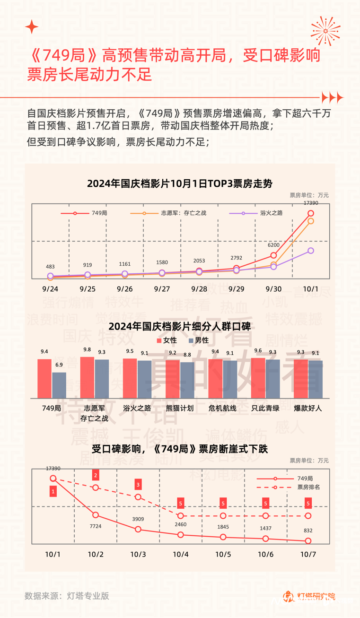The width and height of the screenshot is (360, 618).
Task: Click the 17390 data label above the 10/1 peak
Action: [310, 203]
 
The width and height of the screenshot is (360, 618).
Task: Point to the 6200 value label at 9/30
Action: [273, 245]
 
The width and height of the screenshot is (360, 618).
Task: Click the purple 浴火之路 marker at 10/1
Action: [311, 251]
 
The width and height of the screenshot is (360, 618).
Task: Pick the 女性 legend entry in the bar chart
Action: [167, 340]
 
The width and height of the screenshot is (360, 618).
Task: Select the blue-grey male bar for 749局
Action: [59, 385]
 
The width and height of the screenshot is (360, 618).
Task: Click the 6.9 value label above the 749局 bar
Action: [59, 365]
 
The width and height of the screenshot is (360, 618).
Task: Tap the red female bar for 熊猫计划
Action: [173, 379]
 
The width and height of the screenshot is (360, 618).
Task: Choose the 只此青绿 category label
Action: [265, 408]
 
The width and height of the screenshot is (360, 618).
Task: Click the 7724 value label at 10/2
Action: [96, 525]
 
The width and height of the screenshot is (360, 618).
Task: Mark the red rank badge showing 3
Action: [138, 484]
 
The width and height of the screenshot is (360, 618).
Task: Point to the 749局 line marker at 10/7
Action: [308, 541]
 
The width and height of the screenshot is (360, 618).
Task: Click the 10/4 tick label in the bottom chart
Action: [180, 554]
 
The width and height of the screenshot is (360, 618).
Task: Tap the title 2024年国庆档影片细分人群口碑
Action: [180, 326]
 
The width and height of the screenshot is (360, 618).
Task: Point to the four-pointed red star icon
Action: [32, 26]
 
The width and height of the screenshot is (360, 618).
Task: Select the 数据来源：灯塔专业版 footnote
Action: [67, 596]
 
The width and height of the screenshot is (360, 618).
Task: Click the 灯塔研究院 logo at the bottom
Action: [309, 596]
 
